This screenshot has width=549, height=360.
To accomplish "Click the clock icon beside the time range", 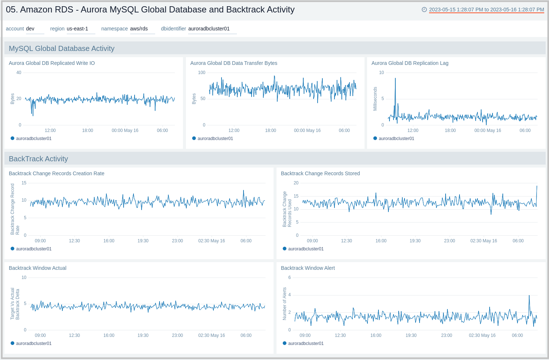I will pyautogui.click(x=424, y=10).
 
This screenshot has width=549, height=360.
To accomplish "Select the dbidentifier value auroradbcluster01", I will pyautogui.click(x=209, y=29).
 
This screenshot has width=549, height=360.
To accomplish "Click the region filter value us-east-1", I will pyautogui.click(x=77, y=29).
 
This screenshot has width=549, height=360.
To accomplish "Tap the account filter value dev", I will pyautogui.click(x=30, y=29).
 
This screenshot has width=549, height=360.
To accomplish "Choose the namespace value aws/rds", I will pyautogui.click(x=139, y=29).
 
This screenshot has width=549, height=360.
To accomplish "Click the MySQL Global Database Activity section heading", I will pyautogui.click(x=62, y=48).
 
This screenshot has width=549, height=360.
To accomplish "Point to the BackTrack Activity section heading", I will pyautogui.click(x=39, y=159).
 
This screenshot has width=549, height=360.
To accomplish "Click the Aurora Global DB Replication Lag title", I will pyautogui.click(x=410, y=63).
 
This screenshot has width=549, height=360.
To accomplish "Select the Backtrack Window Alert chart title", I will pyautogui.click(x=308, y=268).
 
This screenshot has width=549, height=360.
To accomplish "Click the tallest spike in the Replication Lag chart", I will pyautogui.click(x=395, y=79).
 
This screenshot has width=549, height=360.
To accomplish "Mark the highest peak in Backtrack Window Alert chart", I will pyautogui.click(x=529, y=295).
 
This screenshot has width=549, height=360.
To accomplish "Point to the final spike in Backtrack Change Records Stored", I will pyautogui.click(x=537, y=186).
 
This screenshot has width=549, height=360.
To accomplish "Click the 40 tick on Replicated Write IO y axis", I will pyautogui.click(x=19, y=73).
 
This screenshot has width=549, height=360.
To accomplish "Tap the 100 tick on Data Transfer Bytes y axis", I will pyautogui.click(x=201, y=73).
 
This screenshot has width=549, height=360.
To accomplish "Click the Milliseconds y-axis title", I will pyautogui.click(x=375, y=99).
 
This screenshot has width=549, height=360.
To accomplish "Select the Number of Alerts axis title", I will pyautogui.click(x=284, y=304).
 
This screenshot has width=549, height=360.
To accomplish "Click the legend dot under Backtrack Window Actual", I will pyautogui.click(x=12, y=343).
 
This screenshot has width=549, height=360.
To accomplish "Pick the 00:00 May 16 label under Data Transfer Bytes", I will pyautogui.click(x=307, y=131).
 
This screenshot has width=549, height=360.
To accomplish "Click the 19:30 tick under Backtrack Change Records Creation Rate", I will pyautogui.click(x=143, y=241).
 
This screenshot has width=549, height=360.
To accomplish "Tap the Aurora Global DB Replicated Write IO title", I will pyautogui.click(x=52, y=63).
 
